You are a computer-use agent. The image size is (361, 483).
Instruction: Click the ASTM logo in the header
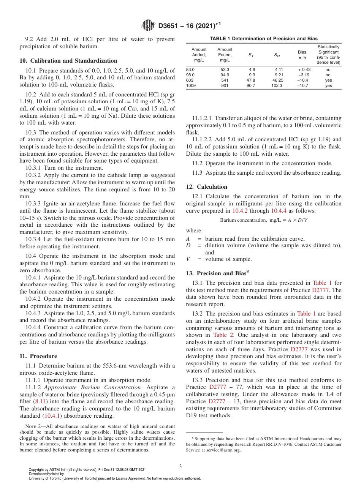click(147, 25)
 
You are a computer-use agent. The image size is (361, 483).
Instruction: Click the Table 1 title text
click(264, 38)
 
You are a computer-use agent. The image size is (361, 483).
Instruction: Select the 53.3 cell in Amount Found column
click(225, 69)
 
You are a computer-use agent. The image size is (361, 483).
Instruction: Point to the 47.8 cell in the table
click(251, 80)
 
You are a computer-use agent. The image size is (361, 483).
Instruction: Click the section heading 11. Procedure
click(38, 356)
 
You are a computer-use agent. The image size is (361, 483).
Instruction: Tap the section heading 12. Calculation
click(207, 187)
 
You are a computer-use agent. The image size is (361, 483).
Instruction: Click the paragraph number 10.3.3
click(33, 204)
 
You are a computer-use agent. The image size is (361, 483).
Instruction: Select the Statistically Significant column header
click(328, 55)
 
